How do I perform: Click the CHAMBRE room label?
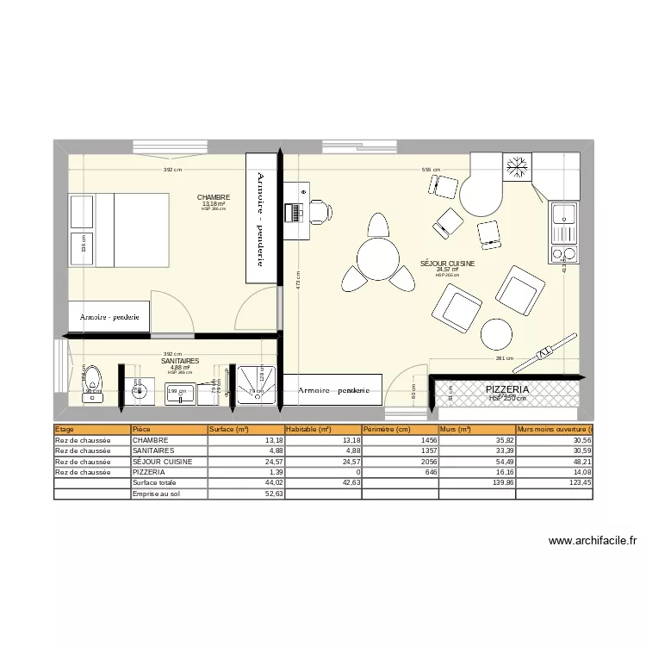(213, 197)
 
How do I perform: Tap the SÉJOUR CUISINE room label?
(447, 264)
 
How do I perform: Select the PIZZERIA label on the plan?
(507, 390)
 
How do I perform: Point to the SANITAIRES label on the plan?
(180, 362)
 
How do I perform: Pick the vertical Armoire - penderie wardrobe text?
(261, 217)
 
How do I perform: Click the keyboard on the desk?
(296, 210)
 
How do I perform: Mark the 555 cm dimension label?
(431, 171)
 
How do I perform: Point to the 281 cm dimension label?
(504, 359)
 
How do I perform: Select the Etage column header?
(65, 429)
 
